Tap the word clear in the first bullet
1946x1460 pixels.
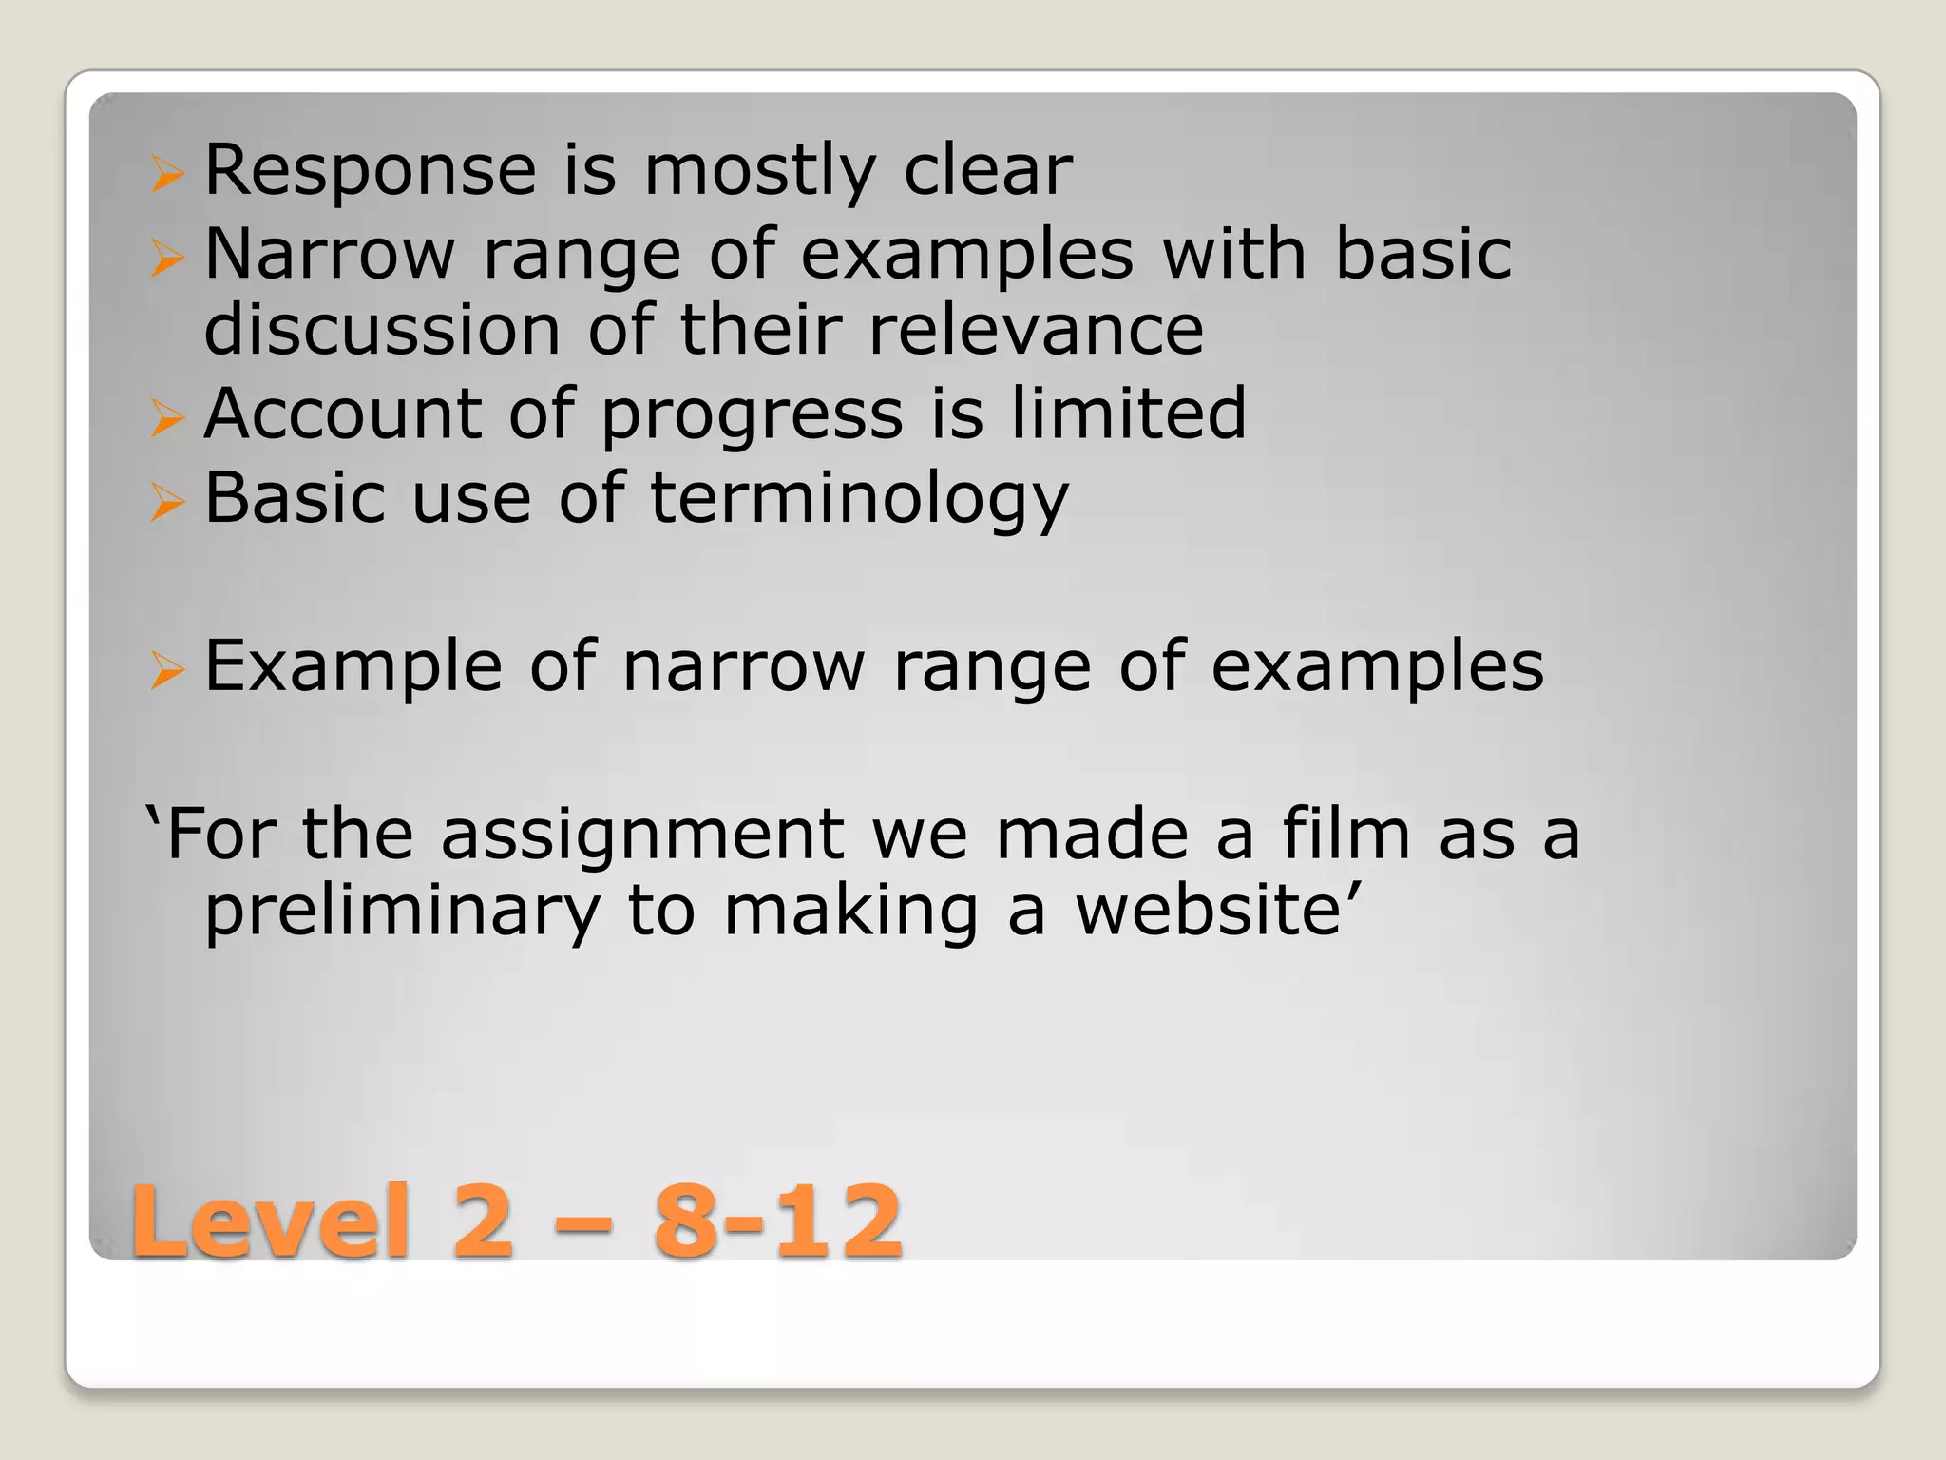(x=987, y=171)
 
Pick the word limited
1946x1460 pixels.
(x=1128, y=413)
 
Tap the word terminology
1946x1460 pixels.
(x=859, y=499)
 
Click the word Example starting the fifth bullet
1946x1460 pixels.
(x=353, y=666)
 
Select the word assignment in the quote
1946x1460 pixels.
(x=642, y=834)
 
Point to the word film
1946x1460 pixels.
(x=1345, y=834)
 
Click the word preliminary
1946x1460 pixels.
(x=403, y=912)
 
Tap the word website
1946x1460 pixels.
(x=1218, y=910)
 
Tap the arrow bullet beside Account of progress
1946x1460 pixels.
(x=166, y=417)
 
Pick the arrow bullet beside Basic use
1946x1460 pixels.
(x=166, y=501)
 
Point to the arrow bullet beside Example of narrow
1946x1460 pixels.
(x=166, y=670)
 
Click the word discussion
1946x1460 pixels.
(x=382, y=330)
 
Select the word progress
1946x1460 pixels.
(x=752, y=415)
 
